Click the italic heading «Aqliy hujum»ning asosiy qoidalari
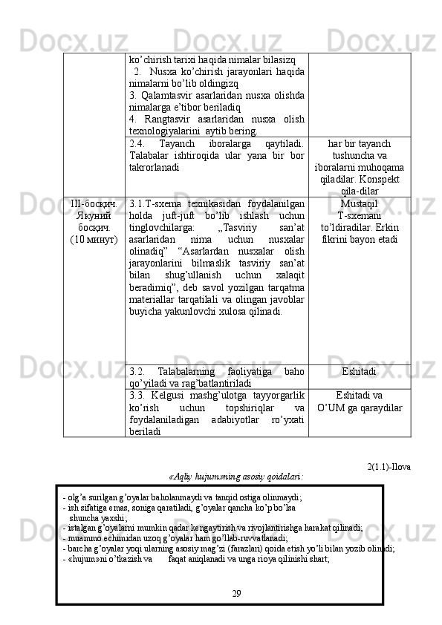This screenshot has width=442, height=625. pyautogui.click(x=236, y=477)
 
